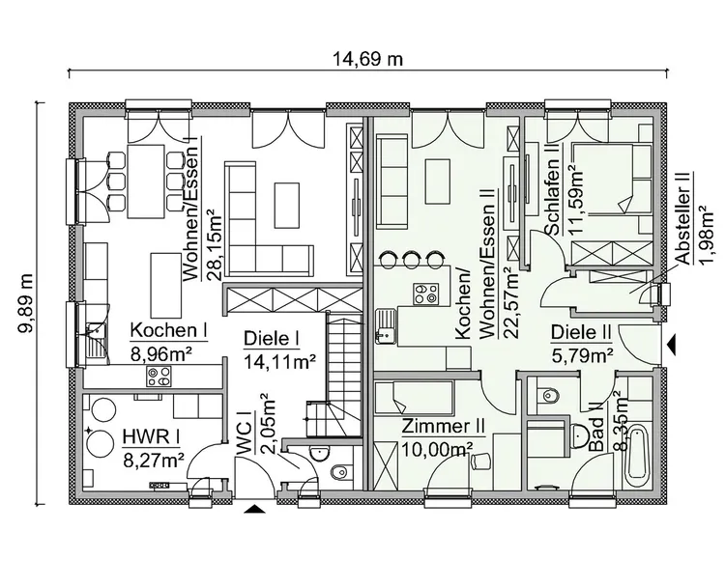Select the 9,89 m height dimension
coord(26,299)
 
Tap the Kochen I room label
coord(169,330)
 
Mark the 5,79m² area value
coord(582,354)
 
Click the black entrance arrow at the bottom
coord(254,509)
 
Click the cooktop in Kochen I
coord(158,372)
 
